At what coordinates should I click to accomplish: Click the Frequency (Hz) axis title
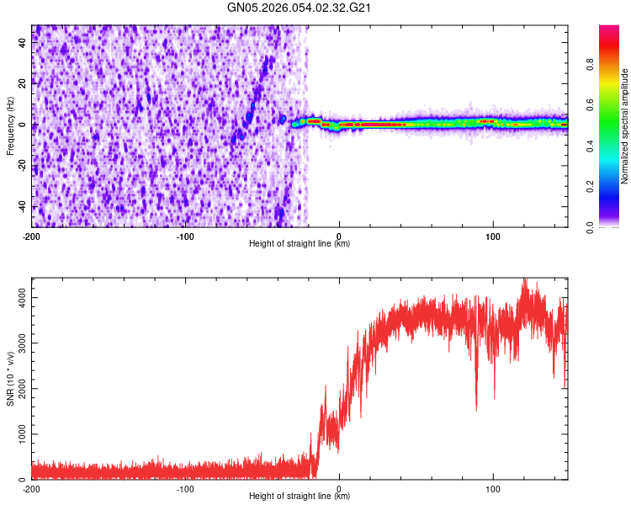pos(10,126)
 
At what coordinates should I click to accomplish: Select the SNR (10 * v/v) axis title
pos(10,378)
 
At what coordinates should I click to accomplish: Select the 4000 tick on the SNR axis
pos(17,297)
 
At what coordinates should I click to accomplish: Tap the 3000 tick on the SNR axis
pos(17,343)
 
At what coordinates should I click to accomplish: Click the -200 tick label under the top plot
pos(32,236)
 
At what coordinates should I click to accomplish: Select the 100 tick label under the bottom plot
pos(492,488)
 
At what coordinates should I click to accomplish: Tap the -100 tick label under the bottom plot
pos(185,488)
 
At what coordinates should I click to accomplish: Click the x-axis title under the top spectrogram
pos(300,244)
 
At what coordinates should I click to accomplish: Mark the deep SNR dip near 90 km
pos(476,409)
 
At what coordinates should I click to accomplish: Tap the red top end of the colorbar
pos(609,30)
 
